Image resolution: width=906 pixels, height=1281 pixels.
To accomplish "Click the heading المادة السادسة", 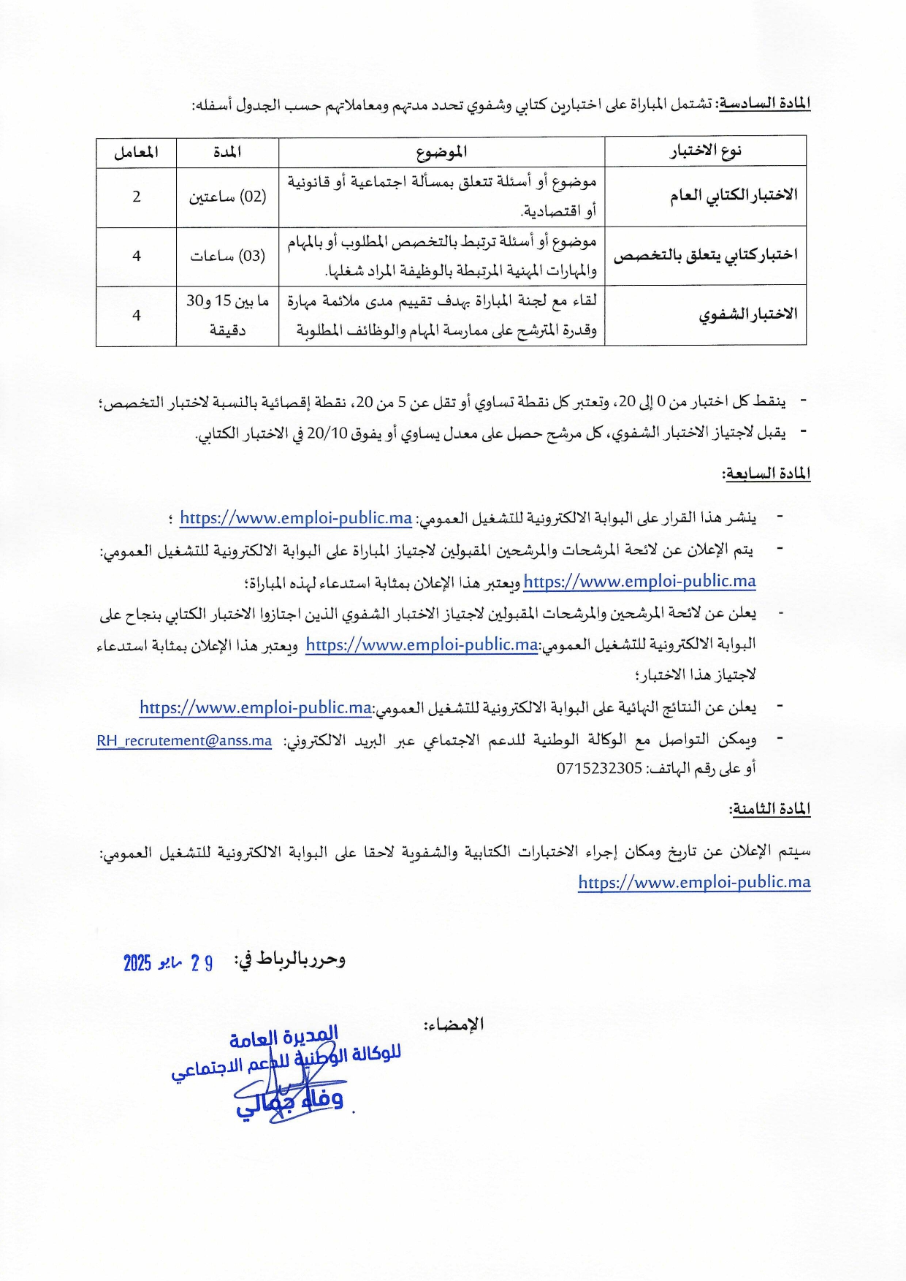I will [x=764, y=103].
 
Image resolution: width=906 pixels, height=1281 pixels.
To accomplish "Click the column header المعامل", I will [x=136, y=152].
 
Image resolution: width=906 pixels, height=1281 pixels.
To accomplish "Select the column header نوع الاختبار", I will [x=705, y=151].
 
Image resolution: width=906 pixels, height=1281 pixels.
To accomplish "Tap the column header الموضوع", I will [x=441, y=152].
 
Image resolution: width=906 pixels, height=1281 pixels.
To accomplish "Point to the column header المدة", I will [x=227, y=152].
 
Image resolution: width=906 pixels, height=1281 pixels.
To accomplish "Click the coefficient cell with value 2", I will [x=137, y=197].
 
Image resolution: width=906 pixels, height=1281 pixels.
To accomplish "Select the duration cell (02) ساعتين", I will [x=227, y=197].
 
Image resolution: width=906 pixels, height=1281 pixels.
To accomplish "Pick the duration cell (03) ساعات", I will [x=227, y=256].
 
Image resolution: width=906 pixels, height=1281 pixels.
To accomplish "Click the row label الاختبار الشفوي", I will [x=747, y=315].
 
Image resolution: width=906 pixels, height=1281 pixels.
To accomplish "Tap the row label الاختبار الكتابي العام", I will [x=733, y=196].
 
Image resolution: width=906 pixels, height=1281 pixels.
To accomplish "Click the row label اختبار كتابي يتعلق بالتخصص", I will [x=705, y=255].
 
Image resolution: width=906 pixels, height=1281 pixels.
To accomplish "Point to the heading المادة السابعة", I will [x=766, y=474].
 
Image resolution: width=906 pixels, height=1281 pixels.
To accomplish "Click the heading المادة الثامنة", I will [x=769, y=809].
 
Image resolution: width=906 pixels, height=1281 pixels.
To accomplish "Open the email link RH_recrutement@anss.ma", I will [x=184, y=741].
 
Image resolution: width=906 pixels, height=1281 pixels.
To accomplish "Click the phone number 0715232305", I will [x=599, y=768].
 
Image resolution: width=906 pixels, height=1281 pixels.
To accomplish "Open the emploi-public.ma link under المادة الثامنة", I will [x=694, y=882].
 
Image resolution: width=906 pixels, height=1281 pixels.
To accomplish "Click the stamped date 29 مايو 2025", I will [x=168, y=962].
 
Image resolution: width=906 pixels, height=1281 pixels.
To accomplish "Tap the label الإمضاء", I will [x=454, y=1025].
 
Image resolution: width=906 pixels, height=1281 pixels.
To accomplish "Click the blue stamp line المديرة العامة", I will [x=283, y=1037].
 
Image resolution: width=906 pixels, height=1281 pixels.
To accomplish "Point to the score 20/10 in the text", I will [x=326, y=433].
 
